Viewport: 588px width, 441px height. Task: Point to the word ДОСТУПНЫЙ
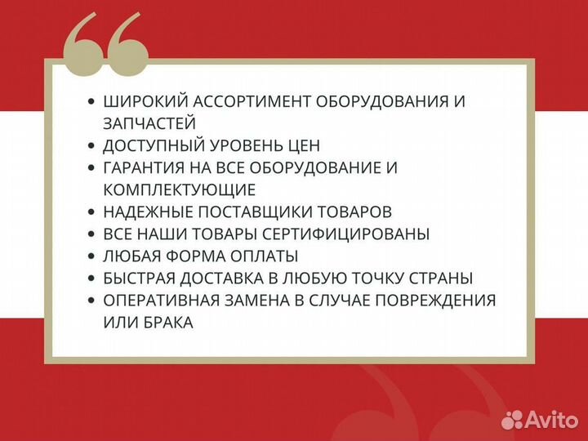[x=151, y=146]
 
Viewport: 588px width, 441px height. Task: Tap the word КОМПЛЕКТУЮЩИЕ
[x=180, y=190]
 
